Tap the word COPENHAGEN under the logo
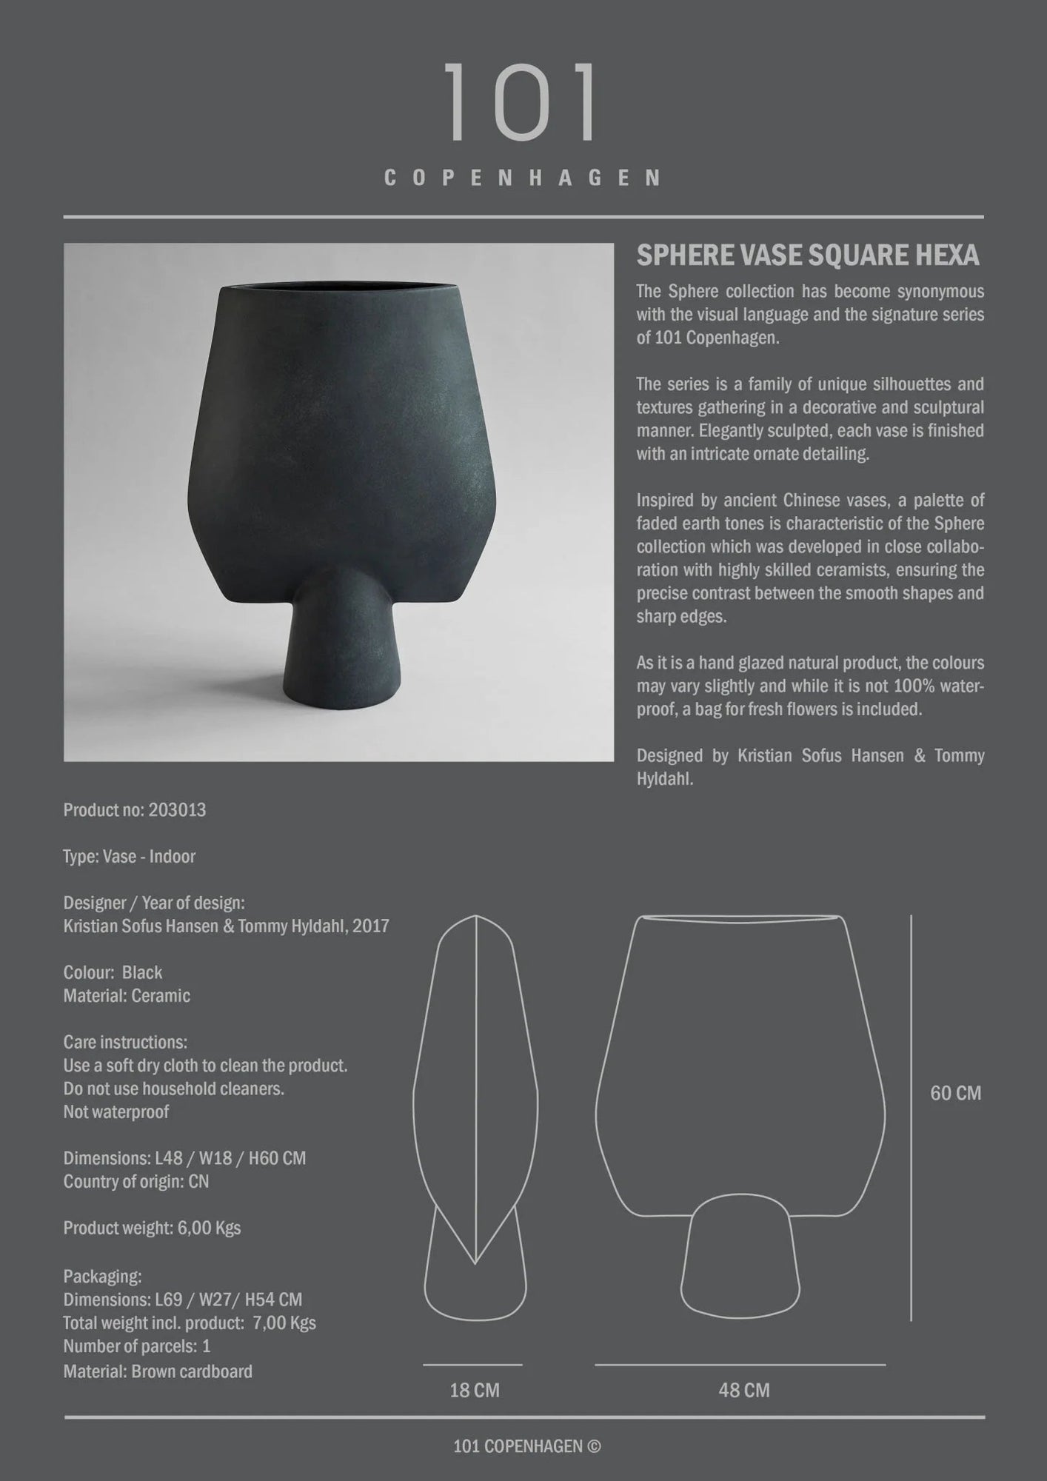pyautogui.click(x=523, y=178)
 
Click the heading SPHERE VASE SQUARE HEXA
pyautogui.click(x=808, y=255)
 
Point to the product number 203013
pyautogui.click(x=177, y=810)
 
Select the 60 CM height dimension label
pyautogui.click(x=955, y=1093)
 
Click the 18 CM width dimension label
pyautogui.click(x=475, y=1391)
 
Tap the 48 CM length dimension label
pyautogui.click(x=743, y=1391)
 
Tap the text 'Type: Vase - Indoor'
pyautogui.click(x=130, y=857)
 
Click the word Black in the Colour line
pyautogui.click(x=142, y=972)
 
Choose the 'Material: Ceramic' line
pyautogui.click(x=127, y=996)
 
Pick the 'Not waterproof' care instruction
pyautogui.click(x=116, y=1111)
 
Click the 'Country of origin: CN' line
pyautogui.click(x=136, y=1181)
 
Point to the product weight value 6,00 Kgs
pyautogui.click(x=209, y=1228)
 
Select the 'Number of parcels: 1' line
pyautogui.click(x=137, y=1345)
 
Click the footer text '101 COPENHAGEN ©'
pyautogui.click(x=526, y=1446)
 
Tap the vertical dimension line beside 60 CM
pyautogui.click(x=911, y=1118)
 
